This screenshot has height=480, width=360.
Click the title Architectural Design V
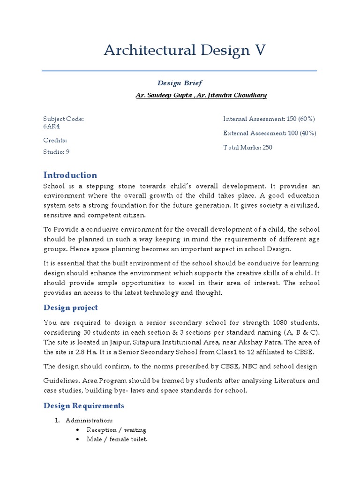[x=185, y=51]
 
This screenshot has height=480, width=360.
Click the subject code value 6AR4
[x=52, y=126]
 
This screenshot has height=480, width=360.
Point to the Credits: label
[x=55, y=140]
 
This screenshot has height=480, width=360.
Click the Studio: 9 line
[x=56, y=152]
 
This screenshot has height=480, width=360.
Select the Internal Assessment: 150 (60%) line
[x=269, y=119]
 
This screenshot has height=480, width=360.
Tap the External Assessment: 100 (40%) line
[x=270, y=133]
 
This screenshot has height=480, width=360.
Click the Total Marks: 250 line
[x=247, y=147]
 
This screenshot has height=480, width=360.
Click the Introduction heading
[x=70, y=175]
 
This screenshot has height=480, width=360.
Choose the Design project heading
[x=71, y=307]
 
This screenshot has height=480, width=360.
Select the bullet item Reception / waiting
[x=116, y=430]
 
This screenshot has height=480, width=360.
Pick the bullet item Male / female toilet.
[x=117, y=440]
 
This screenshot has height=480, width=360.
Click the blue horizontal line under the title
[x=180, y=71]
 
